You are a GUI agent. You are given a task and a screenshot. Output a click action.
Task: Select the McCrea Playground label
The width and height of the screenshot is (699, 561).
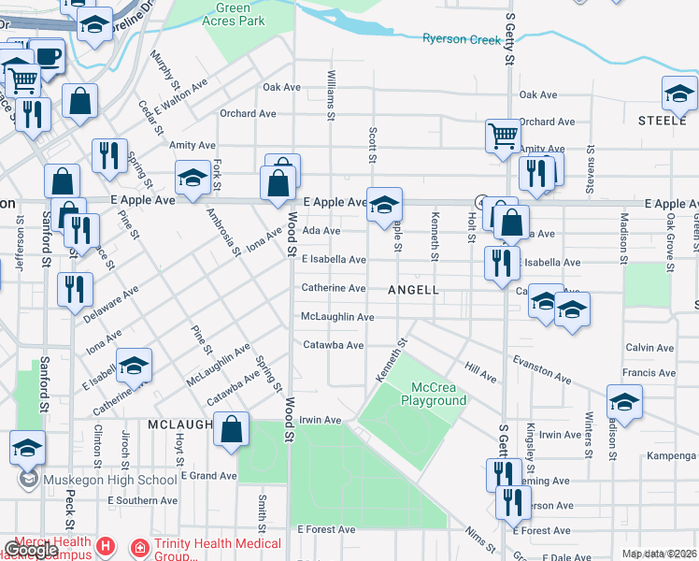(434, 394)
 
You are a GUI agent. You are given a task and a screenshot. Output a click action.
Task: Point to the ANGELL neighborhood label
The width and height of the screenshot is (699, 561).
(414, 290)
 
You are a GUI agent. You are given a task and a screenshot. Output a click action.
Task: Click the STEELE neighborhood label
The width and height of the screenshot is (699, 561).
(663, 121)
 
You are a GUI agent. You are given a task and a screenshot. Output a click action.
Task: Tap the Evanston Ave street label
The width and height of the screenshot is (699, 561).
(540, 368)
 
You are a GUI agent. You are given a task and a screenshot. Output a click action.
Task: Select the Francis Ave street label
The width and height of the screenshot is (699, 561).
(649, 372)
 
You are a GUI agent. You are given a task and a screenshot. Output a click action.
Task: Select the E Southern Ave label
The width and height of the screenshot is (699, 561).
(142, 500)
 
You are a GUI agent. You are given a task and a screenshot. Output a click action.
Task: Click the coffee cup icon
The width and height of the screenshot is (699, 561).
(47, 56)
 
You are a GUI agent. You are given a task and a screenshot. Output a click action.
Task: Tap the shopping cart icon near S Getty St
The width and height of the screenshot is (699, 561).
(503, 137)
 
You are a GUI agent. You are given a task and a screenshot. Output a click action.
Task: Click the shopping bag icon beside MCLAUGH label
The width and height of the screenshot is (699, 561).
(233, 430)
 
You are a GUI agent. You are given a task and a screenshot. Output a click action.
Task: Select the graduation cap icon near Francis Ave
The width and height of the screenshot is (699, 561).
(624, 403)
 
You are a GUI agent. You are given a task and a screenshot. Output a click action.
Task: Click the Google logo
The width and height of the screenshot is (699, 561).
(32, 550)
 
